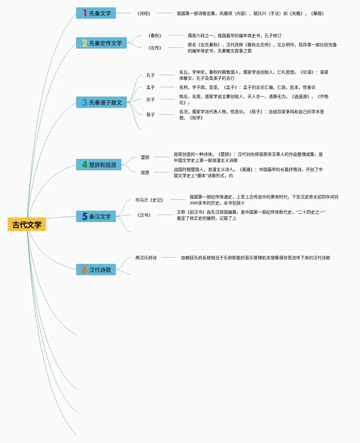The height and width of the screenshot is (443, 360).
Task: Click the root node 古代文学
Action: [27, 225]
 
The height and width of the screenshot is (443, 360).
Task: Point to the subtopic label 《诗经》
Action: [144, 13]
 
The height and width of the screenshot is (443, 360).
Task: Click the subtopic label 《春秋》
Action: [155, 36]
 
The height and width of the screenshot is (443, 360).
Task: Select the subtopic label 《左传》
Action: [155, 48]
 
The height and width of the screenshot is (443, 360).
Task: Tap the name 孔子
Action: [150, 75]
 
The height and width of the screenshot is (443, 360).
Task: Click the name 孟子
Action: [150, 87]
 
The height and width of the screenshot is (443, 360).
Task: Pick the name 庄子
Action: [150, 99]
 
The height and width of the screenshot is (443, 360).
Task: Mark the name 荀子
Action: [150, 115]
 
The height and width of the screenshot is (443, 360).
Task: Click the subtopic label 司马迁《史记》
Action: [149, 200]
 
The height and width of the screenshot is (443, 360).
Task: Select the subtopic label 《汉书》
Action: [144, 215]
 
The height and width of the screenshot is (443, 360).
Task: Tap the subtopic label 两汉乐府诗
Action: [146, 258]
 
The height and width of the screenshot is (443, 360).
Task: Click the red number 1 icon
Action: [85, 13]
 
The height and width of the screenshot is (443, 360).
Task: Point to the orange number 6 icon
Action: [85, 270]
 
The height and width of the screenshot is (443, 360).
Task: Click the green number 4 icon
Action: [85, 165]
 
